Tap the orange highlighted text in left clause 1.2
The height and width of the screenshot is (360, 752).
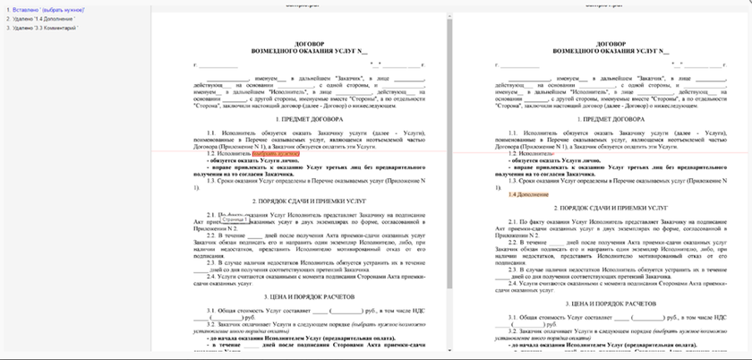[276, 153]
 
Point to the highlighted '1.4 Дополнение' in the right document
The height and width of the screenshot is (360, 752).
[523, 194]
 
